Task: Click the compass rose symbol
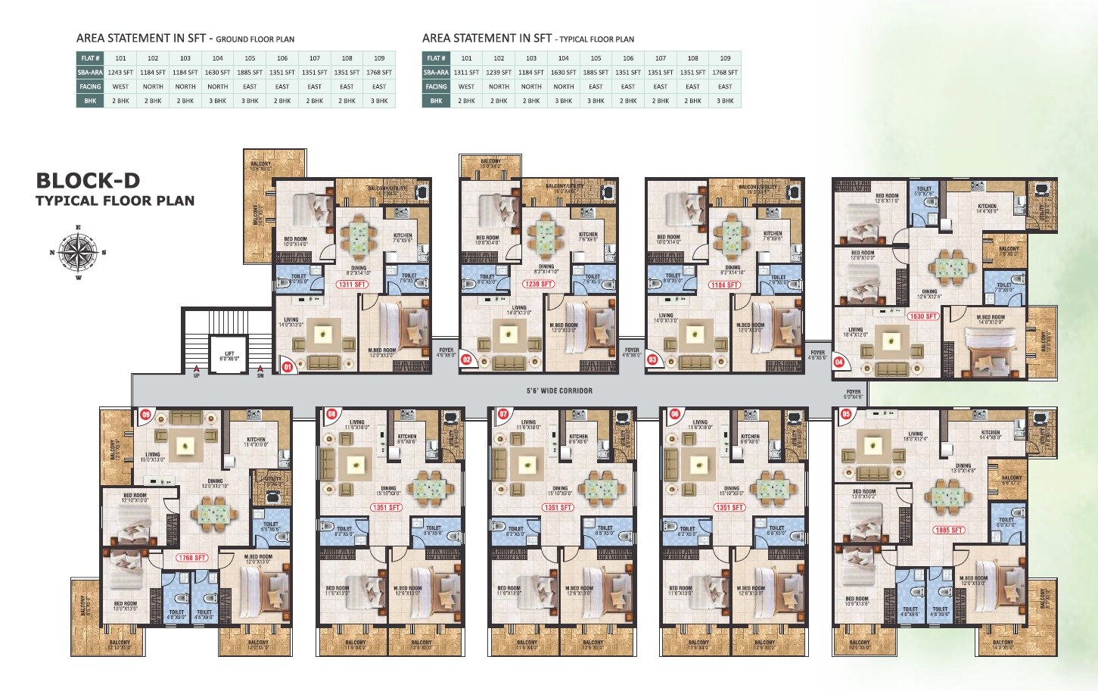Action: point(78,253)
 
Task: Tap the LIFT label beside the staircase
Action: point(229,355)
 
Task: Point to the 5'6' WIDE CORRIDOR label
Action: point(559,391)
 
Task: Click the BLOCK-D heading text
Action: point(88,180)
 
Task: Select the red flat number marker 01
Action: point(287,367)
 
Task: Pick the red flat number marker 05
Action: point(846,414)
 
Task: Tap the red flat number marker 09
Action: point(145,415)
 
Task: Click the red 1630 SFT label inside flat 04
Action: point(922,316)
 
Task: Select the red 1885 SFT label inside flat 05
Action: point(948,530)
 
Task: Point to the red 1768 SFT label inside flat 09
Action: point(192,558)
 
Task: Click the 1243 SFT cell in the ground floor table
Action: point(120,73)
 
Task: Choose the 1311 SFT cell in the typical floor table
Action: point(466,73)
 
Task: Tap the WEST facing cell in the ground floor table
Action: point(120,87)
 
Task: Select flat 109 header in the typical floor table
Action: point(725,58)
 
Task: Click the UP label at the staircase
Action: point(197,375)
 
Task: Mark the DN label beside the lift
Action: point(260,375)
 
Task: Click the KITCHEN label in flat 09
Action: point(256,441)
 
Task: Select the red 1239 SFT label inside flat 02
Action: point(537,285)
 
